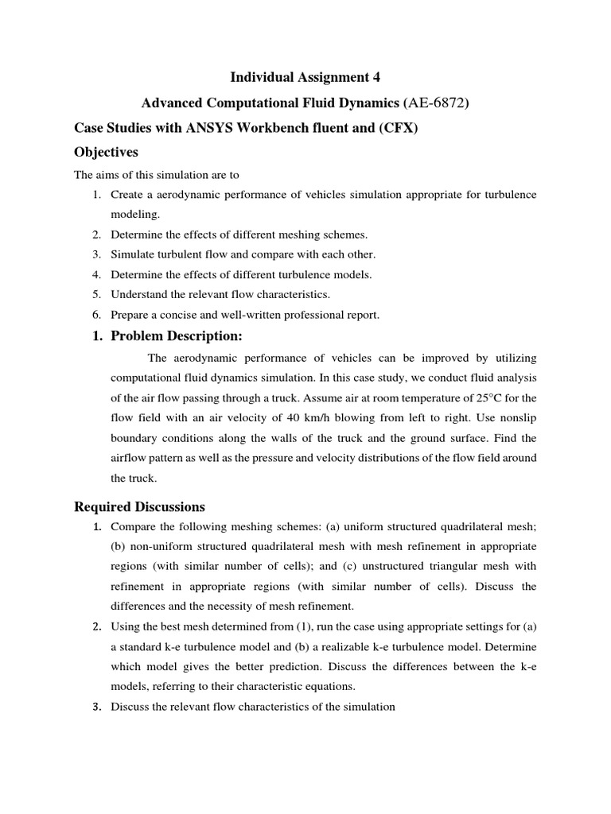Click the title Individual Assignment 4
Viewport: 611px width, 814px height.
305,77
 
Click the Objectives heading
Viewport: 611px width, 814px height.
106,152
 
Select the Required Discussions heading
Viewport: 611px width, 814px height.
139,506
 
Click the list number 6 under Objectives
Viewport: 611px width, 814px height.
96,315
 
